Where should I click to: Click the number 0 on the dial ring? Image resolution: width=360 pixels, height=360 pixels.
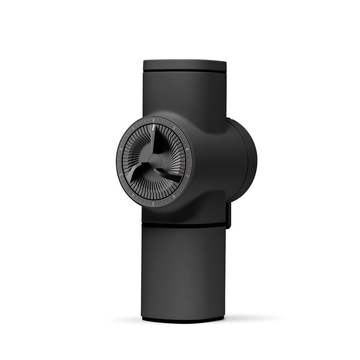154,120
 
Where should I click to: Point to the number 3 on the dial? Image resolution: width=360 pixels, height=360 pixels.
121,174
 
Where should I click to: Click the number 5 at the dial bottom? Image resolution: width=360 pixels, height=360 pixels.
153,204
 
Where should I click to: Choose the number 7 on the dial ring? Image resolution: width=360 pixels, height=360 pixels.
187,175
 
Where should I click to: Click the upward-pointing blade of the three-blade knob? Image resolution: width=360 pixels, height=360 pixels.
155,141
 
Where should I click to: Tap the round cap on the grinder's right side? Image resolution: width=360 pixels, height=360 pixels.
246,160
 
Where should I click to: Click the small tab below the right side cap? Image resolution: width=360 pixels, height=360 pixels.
229,216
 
